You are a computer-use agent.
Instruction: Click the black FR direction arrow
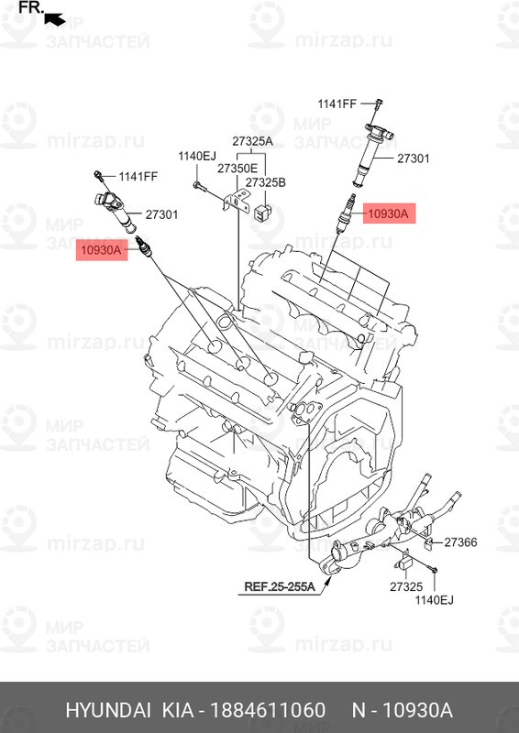(54, 18)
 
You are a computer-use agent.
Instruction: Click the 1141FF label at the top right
(337, 104)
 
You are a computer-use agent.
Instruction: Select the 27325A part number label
(253, 141)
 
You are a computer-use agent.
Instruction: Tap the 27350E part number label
(237, 169)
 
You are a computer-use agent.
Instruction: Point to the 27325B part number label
(265, 182)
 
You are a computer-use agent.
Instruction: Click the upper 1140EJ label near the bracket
(196, 156)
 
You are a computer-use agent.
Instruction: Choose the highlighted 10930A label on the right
(389, 214)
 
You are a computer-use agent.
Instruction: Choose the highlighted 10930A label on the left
(102, 250)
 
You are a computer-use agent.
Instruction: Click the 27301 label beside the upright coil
(414, 159)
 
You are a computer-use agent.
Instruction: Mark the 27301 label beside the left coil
(161, 214)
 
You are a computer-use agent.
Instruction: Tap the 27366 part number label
(460, 542)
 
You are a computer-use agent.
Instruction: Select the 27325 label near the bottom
(406, 586)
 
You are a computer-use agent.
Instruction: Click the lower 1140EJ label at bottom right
(435, 600)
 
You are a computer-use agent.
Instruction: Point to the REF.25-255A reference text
(280, 586)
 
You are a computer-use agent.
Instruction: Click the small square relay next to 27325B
(262, 213)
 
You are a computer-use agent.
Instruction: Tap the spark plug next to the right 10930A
(348, 213)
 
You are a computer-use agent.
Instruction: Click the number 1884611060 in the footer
(268, 710)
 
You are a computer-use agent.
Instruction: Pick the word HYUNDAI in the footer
(108, 710)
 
